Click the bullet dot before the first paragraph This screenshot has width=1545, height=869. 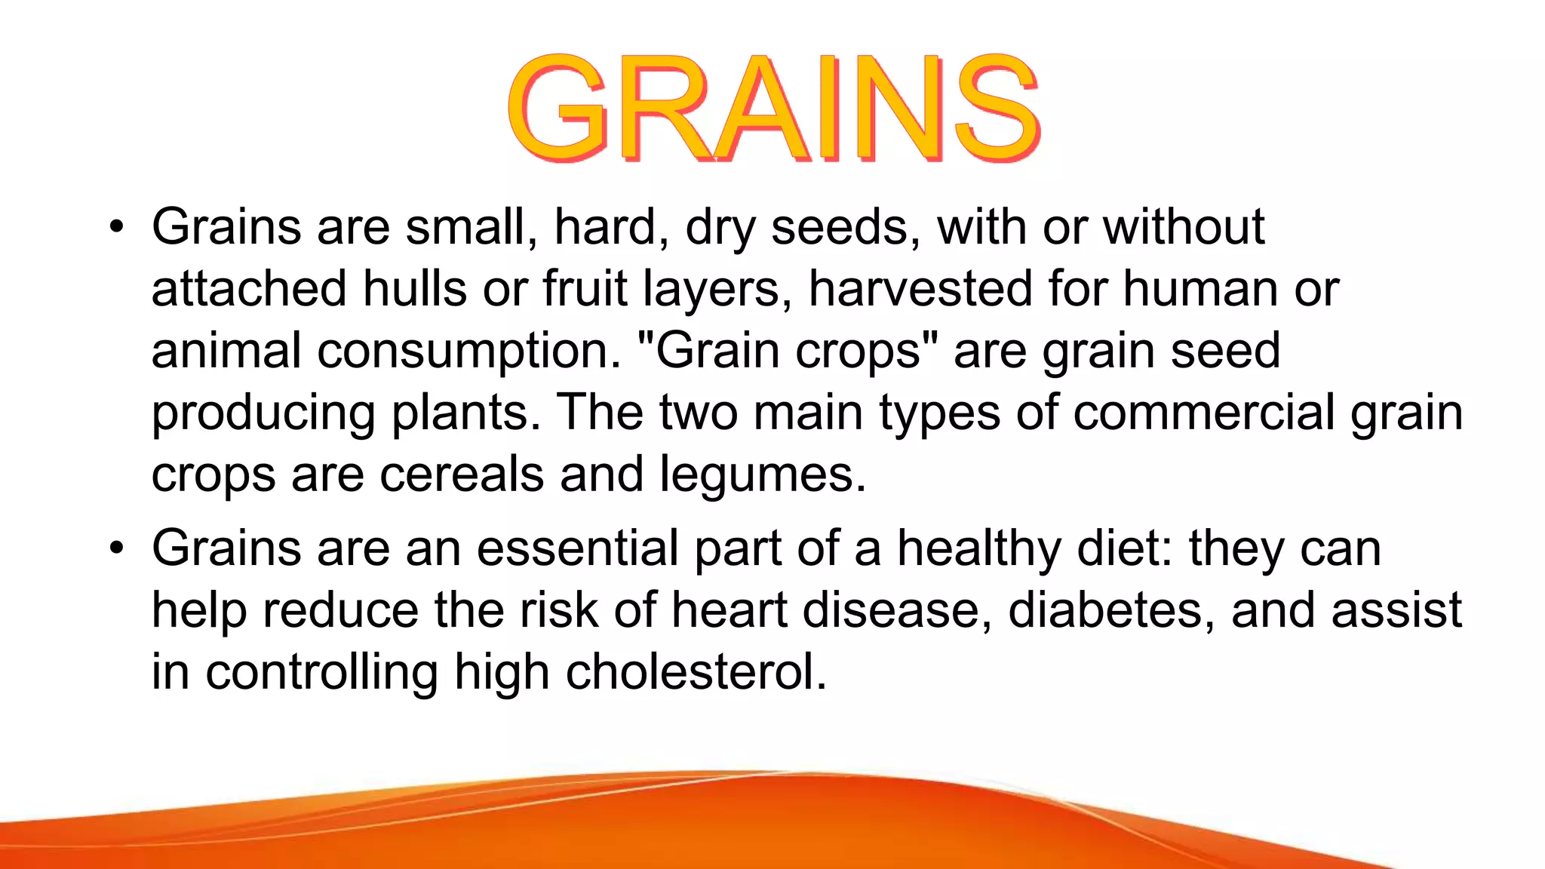coord(115,227)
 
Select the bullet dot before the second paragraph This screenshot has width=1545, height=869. coord(115,548)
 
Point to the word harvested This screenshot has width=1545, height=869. coord(920,289)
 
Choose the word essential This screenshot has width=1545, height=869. coord(577,548)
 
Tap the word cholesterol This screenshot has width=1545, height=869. coord(696,672)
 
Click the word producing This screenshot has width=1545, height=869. coord(263,414)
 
